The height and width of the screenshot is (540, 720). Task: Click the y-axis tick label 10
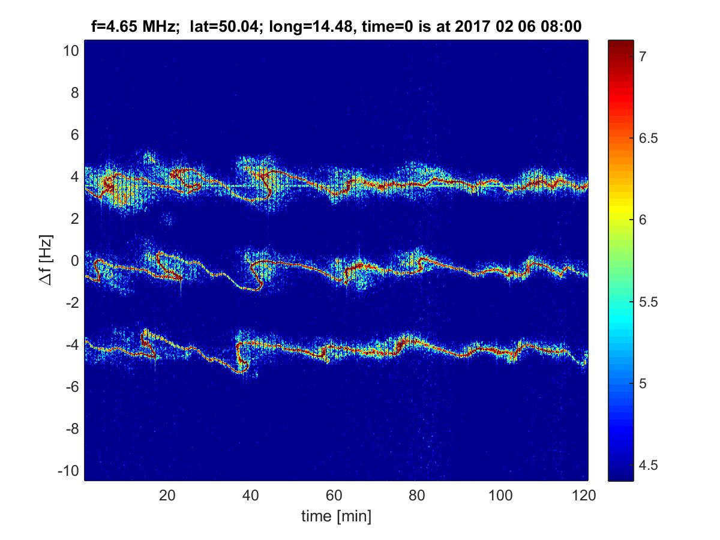(71, 51)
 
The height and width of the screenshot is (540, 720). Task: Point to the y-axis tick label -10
(68, 471)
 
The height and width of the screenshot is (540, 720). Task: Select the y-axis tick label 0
(75, 261)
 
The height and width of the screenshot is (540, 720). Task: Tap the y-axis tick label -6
(72, 387)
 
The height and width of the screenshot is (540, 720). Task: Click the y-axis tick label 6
(75, 135)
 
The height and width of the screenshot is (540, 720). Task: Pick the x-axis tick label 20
(167, 495)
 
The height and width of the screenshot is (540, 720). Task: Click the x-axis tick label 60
(334, 495)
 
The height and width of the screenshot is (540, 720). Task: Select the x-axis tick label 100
(500, 495)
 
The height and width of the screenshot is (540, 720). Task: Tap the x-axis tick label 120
(584, 495)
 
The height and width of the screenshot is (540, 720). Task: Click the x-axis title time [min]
(336, 517)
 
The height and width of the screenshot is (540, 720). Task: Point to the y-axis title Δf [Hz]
(46, 260)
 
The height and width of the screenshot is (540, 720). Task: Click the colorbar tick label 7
(643, 57)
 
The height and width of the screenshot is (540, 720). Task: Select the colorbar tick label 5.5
(649, 302)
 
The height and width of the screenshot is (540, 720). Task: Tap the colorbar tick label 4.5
(649, 465)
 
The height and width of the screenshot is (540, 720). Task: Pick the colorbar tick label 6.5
(649, 139)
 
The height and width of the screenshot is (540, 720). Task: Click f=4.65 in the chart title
(114, 26)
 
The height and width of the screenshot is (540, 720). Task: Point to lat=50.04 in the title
(224, 26)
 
